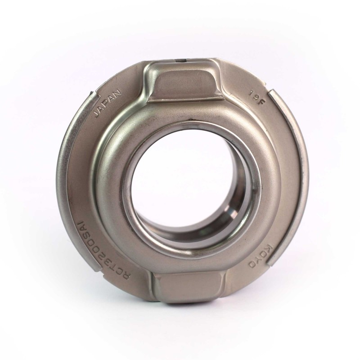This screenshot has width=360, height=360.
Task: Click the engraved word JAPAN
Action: [108, 103]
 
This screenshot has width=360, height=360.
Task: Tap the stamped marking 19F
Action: [256, 98]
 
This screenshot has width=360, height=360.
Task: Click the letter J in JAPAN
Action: [98, 114]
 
